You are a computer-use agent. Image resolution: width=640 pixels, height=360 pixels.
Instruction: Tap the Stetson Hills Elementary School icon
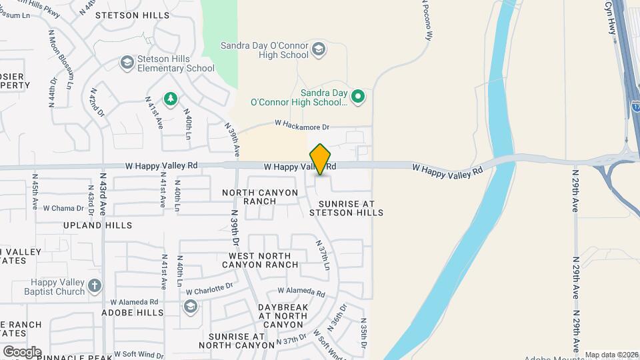click(127, 63)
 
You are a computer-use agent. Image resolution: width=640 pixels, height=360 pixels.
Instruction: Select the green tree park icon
click(171, 99)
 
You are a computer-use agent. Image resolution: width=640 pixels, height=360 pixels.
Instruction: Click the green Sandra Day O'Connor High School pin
click(358, 97)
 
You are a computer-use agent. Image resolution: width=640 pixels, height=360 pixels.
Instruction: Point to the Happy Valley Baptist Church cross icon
click(94, 287)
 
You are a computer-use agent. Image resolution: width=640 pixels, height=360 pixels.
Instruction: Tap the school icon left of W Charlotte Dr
click(190, 306)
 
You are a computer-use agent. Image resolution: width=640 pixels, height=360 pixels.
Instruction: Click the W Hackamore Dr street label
click(302, 125)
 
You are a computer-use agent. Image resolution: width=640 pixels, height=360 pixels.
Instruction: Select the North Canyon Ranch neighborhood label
click(261, 197)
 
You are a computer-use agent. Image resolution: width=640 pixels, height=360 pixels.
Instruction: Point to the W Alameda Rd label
click(301, 292)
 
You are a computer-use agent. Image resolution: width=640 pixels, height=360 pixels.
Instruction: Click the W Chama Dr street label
click(63, 208)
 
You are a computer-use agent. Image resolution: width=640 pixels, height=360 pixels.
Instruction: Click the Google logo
click(21, 351)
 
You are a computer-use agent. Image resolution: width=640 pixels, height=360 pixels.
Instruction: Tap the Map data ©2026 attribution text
click(611, 355)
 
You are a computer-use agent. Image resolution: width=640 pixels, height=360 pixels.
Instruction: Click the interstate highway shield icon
click(635, 105)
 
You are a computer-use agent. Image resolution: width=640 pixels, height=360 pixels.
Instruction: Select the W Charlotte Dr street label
click(209, 289)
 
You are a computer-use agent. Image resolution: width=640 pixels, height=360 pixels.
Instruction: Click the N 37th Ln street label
click(323, 255)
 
